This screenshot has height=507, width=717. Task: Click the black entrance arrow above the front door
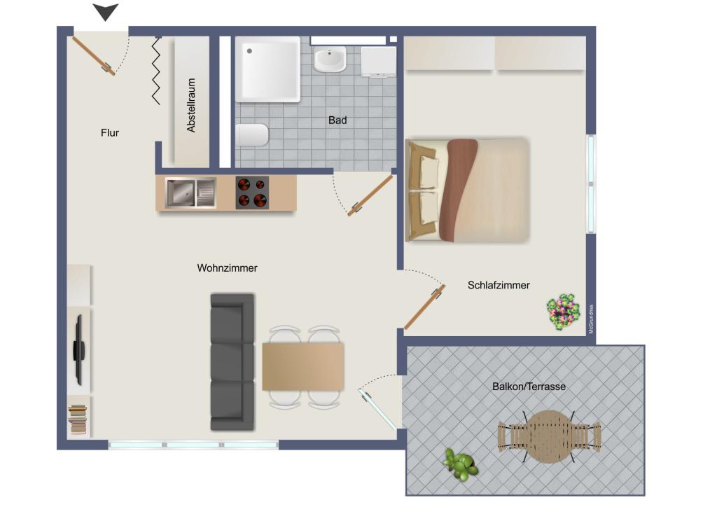tap(106, 12)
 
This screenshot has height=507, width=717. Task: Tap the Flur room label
tap(110, 132)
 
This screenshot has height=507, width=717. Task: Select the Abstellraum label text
tap(191, 105)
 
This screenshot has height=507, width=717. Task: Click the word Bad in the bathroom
tap(337, 120)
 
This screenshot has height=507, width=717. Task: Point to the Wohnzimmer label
tap(227, 268)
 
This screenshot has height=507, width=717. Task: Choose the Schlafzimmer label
tap(499, 285)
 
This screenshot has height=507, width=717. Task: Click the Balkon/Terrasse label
tap(529, 387)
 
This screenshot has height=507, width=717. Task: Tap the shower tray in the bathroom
tap(267, 69)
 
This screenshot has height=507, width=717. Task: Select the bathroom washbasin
tap(329, 60)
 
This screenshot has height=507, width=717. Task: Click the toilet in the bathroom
tap(251, 135)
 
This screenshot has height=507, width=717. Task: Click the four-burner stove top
tap(252, 193)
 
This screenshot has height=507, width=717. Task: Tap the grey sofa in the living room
tap(232, 361)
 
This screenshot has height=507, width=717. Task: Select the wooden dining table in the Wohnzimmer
tap(303, 366)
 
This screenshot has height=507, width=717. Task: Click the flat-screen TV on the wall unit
tap(79, 349)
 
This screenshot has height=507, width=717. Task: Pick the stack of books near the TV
tap(78, 419)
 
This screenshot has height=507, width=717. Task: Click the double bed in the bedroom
tap(466, 190)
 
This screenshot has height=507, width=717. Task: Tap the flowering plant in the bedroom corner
tap(564, 312)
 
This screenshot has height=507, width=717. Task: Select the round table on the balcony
tap(548, 436)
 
